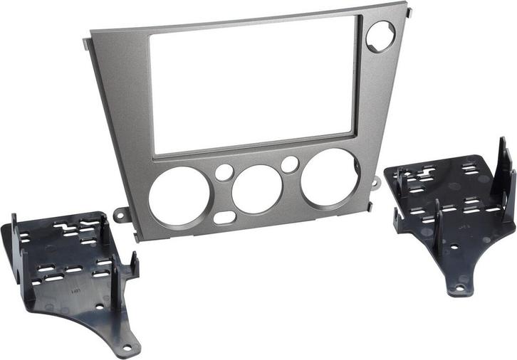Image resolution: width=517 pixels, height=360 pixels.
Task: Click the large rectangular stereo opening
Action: [254, 82]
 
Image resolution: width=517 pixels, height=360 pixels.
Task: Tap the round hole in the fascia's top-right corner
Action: [381, 36]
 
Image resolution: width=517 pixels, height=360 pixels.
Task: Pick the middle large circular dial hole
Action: [257, 188]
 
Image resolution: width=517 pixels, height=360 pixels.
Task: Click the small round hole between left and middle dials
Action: [224, 172]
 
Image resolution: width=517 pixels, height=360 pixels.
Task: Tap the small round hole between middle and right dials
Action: [289, 164]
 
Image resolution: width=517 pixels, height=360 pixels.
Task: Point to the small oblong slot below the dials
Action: [225, 217]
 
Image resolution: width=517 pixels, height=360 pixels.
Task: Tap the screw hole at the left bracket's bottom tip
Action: [127, 348]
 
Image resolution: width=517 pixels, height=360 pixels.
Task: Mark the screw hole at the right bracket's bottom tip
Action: [459, 288]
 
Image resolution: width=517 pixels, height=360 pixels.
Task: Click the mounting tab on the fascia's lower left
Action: [122, 213]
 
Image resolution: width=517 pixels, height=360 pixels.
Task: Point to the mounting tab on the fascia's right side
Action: [376, 182]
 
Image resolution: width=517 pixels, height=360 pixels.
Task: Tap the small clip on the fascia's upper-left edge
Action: [87, 43]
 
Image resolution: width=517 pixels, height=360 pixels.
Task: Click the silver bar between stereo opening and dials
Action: [256, 146]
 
